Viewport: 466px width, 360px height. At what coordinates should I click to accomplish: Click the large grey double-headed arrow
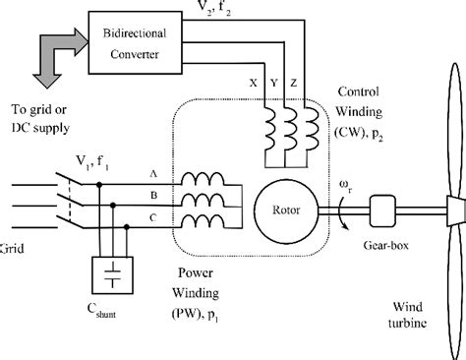point(39,71)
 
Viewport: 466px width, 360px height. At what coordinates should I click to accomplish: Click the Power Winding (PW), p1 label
point(216,290)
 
